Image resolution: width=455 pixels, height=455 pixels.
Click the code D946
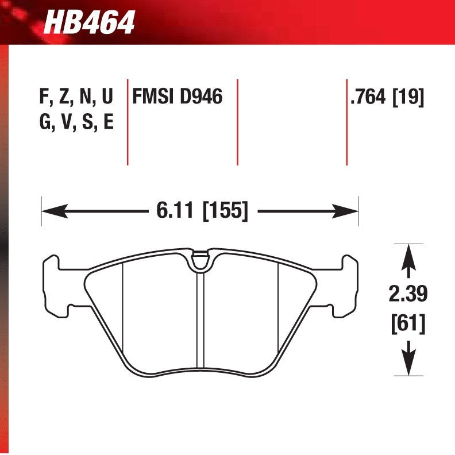pos(201,97)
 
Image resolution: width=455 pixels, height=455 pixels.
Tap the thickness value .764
pos(368,97)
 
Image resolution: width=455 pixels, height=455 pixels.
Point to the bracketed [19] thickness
pos(408,97)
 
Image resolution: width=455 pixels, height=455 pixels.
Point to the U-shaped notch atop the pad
pos(200,261)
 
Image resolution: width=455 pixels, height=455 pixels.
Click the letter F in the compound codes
pos(44,97)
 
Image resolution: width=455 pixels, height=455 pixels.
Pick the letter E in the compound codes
pos(107,122)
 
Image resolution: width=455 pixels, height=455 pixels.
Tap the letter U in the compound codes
pos(107,97)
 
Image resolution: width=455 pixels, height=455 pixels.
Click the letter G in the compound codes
pos(45,122)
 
